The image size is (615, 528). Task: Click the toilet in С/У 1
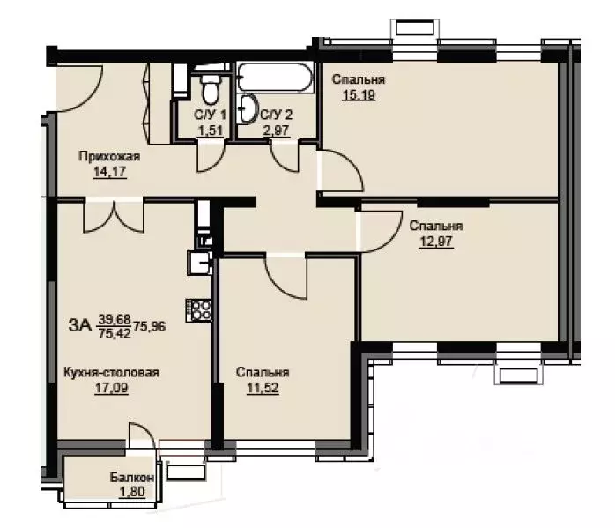click(211, 88)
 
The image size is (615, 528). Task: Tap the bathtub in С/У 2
click(275, 78)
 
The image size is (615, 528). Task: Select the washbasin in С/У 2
click(247, 108)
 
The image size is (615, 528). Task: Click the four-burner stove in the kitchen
click(198, 310)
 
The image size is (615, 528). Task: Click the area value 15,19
click(359, 95)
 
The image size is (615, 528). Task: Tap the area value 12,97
click(436, 242)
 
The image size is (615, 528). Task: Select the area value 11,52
click(263, 388)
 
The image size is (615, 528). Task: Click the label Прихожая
click(109, 156)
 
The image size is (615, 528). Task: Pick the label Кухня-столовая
click(111, 372)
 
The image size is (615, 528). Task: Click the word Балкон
click(132, 478)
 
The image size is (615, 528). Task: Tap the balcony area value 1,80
click(132, 491)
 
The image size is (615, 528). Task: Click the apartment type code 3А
click(80, 325)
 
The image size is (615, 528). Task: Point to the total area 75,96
click(150, 326)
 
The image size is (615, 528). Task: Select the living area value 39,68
click(115, 319)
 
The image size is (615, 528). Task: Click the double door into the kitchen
click(114, 217)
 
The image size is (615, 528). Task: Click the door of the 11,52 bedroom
click(285, 277)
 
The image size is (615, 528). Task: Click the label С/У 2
click(277, 115)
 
